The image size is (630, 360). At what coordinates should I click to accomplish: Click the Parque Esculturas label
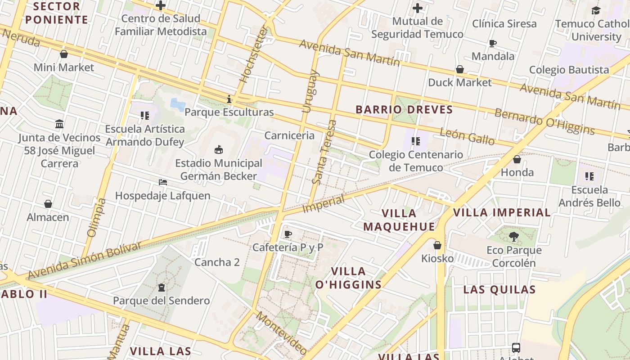(229, 112)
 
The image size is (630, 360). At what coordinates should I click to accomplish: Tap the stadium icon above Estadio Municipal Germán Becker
(219, 149)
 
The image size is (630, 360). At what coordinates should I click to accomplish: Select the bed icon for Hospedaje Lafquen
(163, 182)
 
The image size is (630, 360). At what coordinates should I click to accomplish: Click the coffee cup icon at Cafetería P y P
(288, 234)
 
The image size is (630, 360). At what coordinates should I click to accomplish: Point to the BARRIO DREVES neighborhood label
(404, 110)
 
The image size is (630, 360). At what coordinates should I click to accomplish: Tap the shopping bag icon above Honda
(517, 159)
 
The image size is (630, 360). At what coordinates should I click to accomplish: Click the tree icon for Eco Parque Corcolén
(513, 237)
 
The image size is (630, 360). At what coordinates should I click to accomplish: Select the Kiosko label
(437, 258)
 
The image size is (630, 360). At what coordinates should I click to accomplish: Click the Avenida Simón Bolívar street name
(85, 260)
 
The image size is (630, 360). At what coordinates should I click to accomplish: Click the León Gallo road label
(467, 136)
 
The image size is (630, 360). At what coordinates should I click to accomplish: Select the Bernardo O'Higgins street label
(544, 121)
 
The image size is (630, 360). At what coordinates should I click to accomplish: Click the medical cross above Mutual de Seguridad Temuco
(418, 8)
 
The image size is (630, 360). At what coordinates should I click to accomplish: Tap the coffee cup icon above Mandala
(493, 43)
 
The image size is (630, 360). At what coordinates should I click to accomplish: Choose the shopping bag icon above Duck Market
(460, 69)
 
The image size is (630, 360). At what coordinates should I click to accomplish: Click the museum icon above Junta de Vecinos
(59, 124)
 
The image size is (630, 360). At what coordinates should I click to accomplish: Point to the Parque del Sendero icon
(161, 287)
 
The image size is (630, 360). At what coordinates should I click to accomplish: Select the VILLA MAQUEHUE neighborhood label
(399, 220)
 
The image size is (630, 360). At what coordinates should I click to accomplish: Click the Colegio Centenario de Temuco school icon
(416, 141)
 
